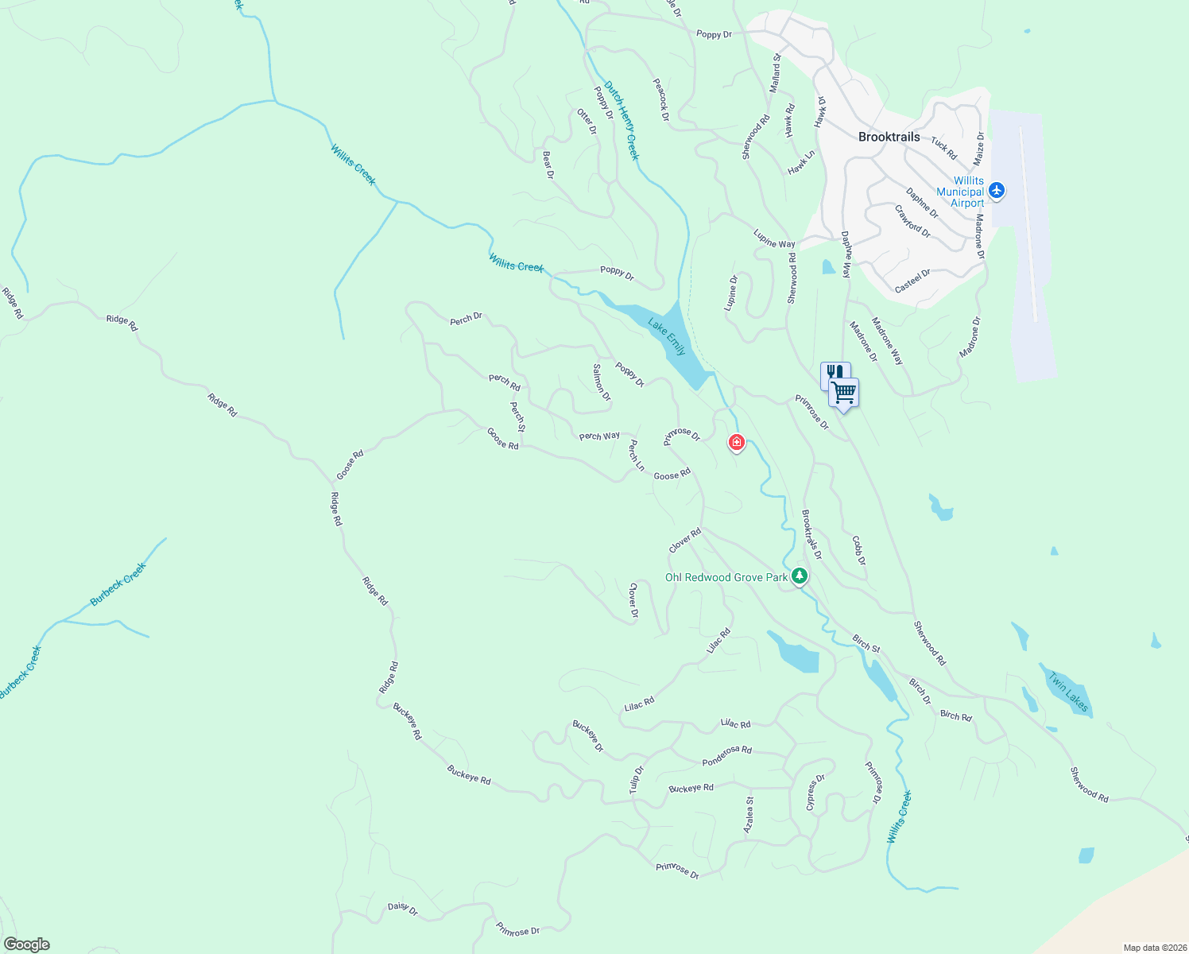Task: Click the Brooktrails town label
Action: pyautogui.click(x=889, y=137)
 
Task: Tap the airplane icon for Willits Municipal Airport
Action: pyautogui.click(x=997, y=191)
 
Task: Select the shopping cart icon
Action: pyautogui.click(x=843, y=392)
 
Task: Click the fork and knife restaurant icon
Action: pyautogui.click(x=834, y=373)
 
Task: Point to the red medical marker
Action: pyautogui.click(x=737, y=442)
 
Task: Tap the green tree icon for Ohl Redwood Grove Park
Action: pyautogui.click(x=800, y=576)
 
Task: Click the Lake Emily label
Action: pyautogui.click(x=666, y=336)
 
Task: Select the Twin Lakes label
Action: pyautogui.click(x=1068, y=691)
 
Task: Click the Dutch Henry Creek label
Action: pyautogui.click(x=621, y=120)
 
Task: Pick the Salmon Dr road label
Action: pyautogui.click(x=602, y=382)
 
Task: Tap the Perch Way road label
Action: pyautogui.click(x=599, y=436)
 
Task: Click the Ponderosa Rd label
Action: pyautogui.click(x=726, y=756)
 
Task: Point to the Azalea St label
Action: pyautogui.click(x=748, y=815)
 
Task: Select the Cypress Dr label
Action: pyautogui.click(x=815, y=793)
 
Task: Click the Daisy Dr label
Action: pyautogui.click(x=402, y=908)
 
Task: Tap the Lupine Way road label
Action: pyautogui.click(x=774, y=238)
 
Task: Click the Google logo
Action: pyautogui.click(x=26, y=944)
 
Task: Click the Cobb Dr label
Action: pyautogui.click(x=858, y=550)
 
